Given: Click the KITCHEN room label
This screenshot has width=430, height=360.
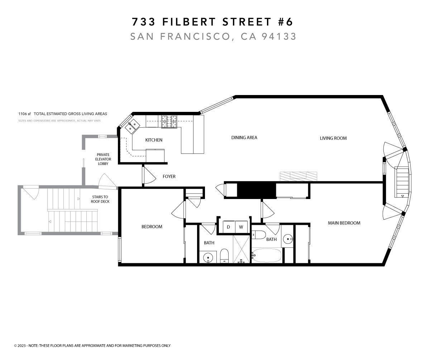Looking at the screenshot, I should [153, 140].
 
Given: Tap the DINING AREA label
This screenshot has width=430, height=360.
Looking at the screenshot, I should [244, 138].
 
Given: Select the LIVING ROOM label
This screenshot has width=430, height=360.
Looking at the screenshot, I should [333, 138].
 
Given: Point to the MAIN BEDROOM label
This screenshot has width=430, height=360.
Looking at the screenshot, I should [344, 223].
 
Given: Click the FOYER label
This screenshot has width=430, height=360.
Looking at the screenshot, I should [169, 176].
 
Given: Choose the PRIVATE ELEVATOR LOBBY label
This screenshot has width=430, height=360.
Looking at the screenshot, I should [103, 159].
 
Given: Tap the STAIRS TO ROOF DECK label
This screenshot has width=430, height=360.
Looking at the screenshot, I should [100, 199].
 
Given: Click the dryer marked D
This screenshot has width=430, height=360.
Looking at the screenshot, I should [228, 227].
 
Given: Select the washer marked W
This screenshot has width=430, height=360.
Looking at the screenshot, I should [241, 227].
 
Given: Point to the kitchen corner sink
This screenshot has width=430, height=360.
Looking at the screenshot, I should [132, 125].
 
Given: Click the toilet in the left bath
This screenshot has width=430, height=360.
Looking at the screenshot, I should [224, 256].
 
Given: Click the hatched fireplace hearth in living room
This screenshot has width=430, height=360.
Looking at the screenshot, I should [298, 176].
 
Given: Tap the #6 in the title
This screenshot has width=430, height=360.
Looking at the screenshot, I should [285, 22].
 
